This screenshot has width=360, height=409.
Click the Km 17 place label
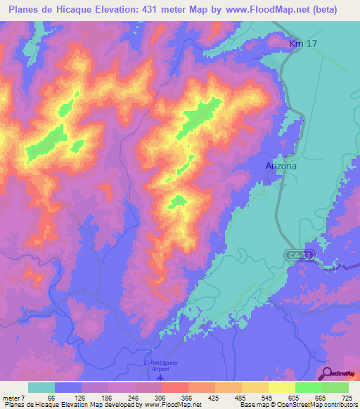(x=304, y=45)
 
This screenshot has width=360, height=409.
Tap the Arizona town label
(x=281, y=166)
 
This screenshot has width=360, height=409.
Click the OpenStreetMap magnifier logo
(x=329, y=373)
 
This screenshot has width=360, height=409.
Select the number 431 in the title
(x=153, y=10)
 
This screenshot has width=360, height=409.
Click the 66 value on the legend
(x=51, y=397)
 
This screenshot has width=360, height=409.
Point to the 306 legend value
(x=160, y=397)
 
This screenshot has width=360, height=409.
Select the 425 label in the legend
(x=214, y=397)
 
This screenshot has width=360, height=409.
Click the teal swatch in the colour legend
(x=41, y=387)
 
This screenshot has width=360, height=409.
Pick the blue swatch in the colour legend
(x=68, y=387)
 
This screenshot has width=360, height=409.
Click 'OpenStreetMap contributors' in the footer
(x=321, y=405)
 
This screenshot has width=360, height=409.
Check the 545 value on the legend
(x=267, y=397)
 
